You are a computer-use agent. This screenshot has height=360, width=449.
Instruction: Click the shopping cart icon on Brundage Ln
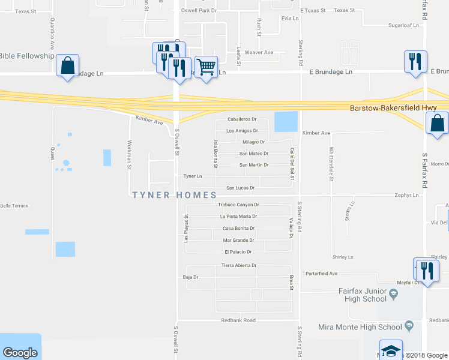tap(206, 67)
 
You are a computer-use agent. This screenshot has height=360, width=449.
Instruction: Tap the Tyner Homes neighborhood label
tap(174, 195)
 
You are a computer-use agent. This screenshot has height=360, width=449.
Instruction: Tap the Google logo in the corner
tap(20, 353)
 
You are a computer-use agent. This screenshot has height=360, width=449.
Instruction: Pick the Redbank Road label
tap(238, 320)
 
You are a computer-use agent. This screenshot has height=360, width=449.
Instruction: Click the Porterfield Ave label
tap(321, 274)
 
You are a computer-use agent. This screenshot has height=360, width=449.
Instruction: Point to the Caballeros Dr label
tap(242, 119)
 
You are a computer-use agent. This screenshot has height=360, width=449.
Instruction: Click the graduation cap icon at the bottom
tap(391, 351)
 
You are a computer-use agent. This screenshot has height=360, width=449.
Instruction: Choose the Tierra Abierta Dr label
tap(239, 265)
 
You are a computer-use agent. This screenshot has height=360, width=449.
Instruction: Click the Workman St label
tap(129, 154)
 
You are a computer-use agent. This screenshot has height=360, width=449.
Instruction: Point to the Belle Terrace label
tap(14, 205)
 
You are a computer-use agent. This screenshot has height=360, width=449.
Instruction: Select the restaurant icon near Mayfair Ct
tap(426, 270)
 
